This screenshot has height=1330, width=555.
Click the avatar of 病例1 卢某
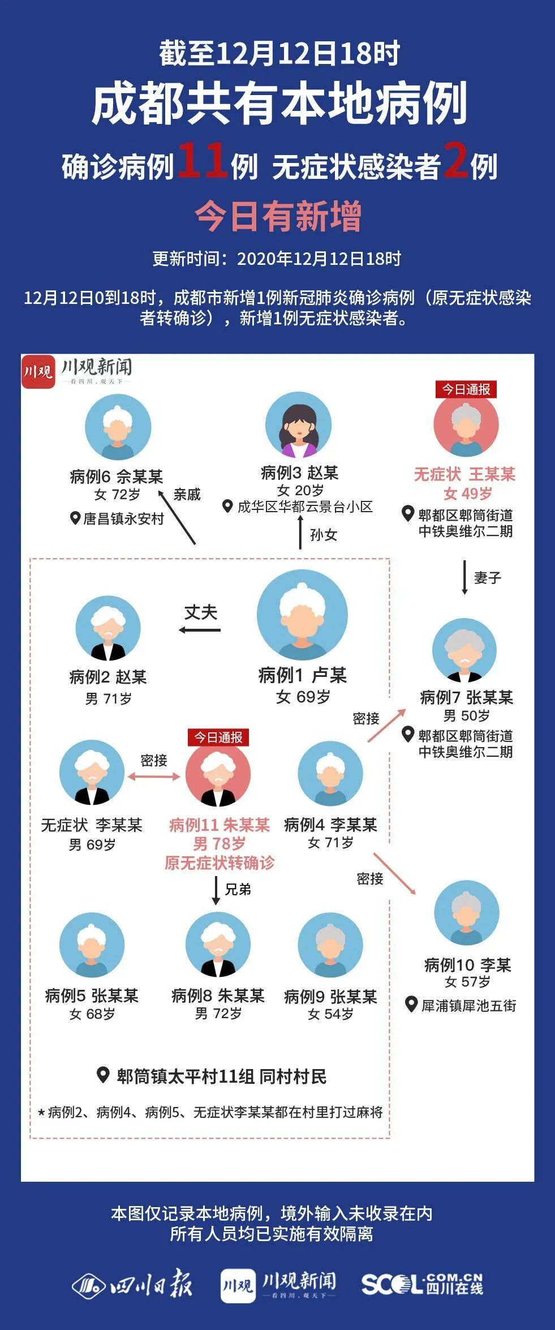point(302,615)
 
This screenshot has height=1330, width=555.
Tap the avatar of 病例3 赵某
point(298,425)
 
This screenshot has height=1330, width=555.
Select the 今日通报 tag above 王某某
point(466,389)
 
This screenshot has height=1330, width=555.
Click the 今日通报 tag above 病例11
point(218,737)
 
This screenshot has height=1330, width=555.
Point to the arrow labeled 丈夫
point(200,630)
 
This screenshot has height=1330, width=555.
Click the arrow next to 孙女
point(300,533)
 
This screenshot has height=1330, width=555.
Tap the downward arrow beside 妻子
point(464,577)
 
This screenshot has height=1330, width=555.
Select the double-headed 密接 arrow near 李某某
point(154,776)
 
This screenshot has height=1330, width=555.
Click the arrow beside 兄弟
point(216,891)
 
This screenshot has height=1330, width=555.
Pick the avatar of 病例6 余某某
point(118,427)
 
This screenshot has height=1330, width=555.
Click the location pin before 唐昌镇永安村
point(75,517)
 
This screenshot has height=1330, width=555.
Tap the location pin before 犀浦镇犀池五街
point(412,1005)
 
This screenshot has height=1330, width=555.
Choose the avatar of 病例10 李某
point(467,912)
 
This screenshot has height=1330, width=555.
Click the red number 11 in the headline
point(203,160)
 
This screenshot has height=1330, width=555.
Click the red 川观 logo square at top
point(38,372)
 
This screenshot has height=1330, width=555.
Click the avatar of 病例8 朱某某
point(218,945)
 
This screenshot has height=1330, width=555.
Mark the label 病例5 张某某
point(92,995)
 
